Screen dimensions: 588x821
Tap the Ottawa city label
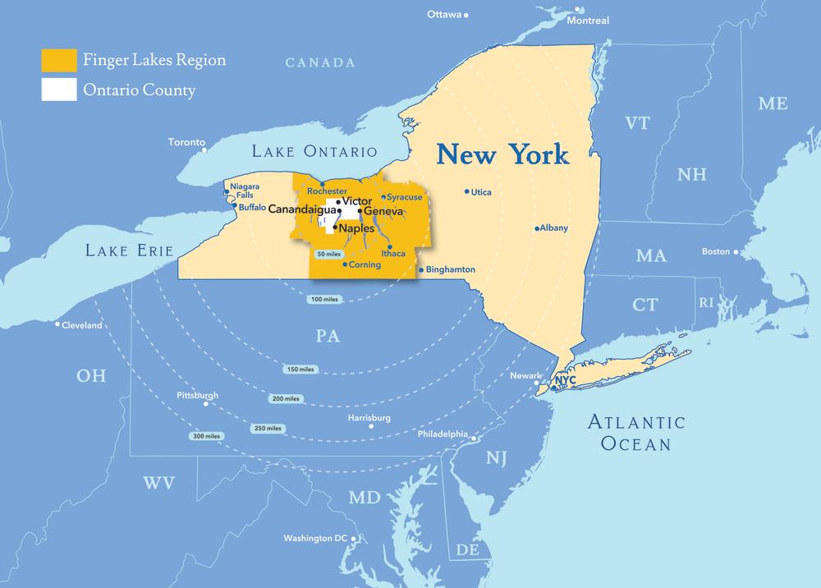[x=444, y=15]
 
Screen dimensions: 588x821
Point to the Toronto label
[x=186, y=142]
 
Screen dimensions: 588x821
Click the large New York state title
[x=502, y=154]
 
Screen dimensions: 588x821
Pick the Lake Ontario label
[x=314, y=152]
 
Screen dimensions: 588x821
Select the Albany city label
[x=553, y=227]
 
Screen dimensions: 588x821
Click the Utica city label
[x=481, y=192]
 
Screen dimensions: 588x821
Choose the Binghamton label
[x=452, y=269]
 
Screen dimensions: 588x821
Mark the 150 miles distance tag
[x=300, y=370]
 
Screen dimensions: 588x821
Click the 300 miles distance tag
[x=206, y=435]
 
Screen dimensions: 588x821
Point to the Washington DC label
[x=316, y=539]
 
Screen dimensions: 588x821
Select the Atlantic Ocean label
[x=636, y=433]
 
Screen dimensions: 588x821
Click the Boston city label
[x=716, y=251]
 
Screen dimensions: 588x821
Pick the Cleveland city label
[x=83, y=325]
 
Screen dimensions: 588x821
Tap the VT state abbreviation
[x=637, y=123]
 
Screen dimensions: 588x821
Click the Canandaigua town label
[x=302, y=210]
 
